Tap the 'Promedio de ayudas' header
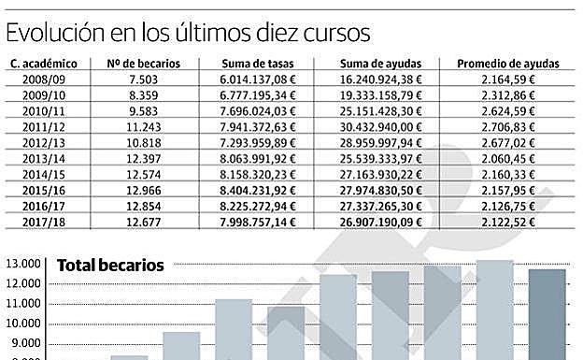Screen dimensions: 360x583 pyautogui.click(x=507, y=64)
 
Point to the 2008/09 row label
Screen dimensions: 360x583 pyautogui.click(x=44, y=79)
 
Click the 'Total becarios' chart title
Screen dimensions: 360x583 pyautogui.click(x=110, y=266)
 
